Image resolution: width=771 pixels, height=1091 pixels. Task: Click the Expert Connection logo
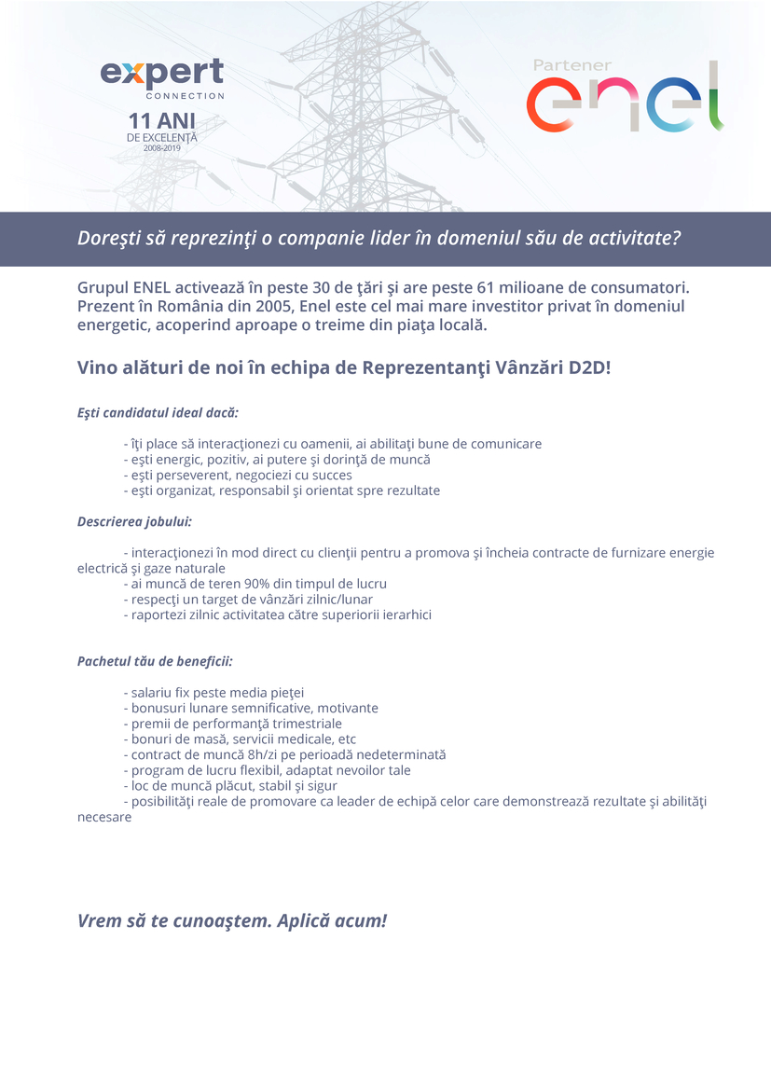tap(162, 77)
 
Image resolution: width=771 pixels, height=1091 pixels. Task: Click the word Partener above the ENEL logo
tap(571, 65)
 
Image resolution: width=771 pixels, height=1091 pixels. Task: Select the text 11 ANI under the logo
tap(162, 121)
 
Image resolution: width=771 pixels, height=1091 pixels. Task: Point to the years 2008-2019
tap(162, 148)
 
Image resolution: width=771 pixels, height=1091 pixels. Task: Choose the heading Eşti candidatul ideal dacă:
tap(158, 412)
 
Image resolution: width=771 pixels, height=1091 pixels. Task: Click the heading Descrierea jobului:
tap(134, 521)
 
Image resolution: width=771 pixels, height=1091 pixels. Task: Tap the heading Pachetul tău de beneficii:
tap(155, 661)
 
